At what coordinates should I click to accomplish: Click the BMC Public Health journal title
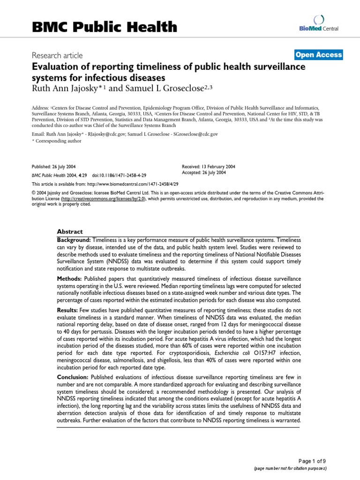(105, 27)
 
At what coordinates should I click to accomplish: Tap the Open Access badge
(319, 55)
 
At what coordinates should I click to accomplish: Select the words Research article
(57, 55)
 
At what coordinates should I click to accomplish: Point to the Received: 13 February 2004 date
(209, 166)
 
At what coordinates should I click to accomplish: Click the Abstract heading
(70, 231)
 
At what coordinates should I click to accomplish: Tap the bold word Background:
(74, 240)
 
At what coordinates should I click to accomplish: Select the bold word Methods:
(71, 279)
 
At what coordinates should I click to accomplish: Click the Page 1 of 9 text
(311, 461)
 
